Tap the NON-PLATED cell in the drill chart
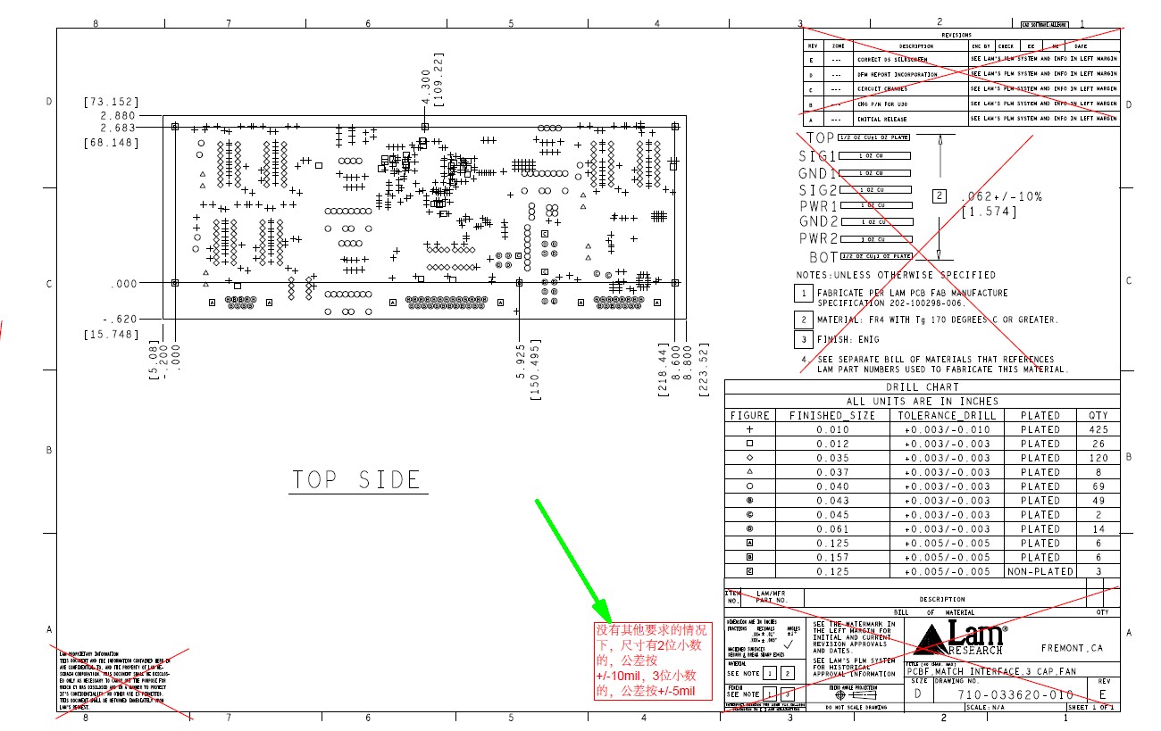(x=1040, y=571)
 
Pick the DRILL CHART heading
(x=922, y=387)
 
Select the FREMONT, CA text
(x=1072, y=648)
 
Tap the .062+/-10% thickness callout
(x=1000, y=196)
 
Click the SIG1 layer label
(x=816, y=156)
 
